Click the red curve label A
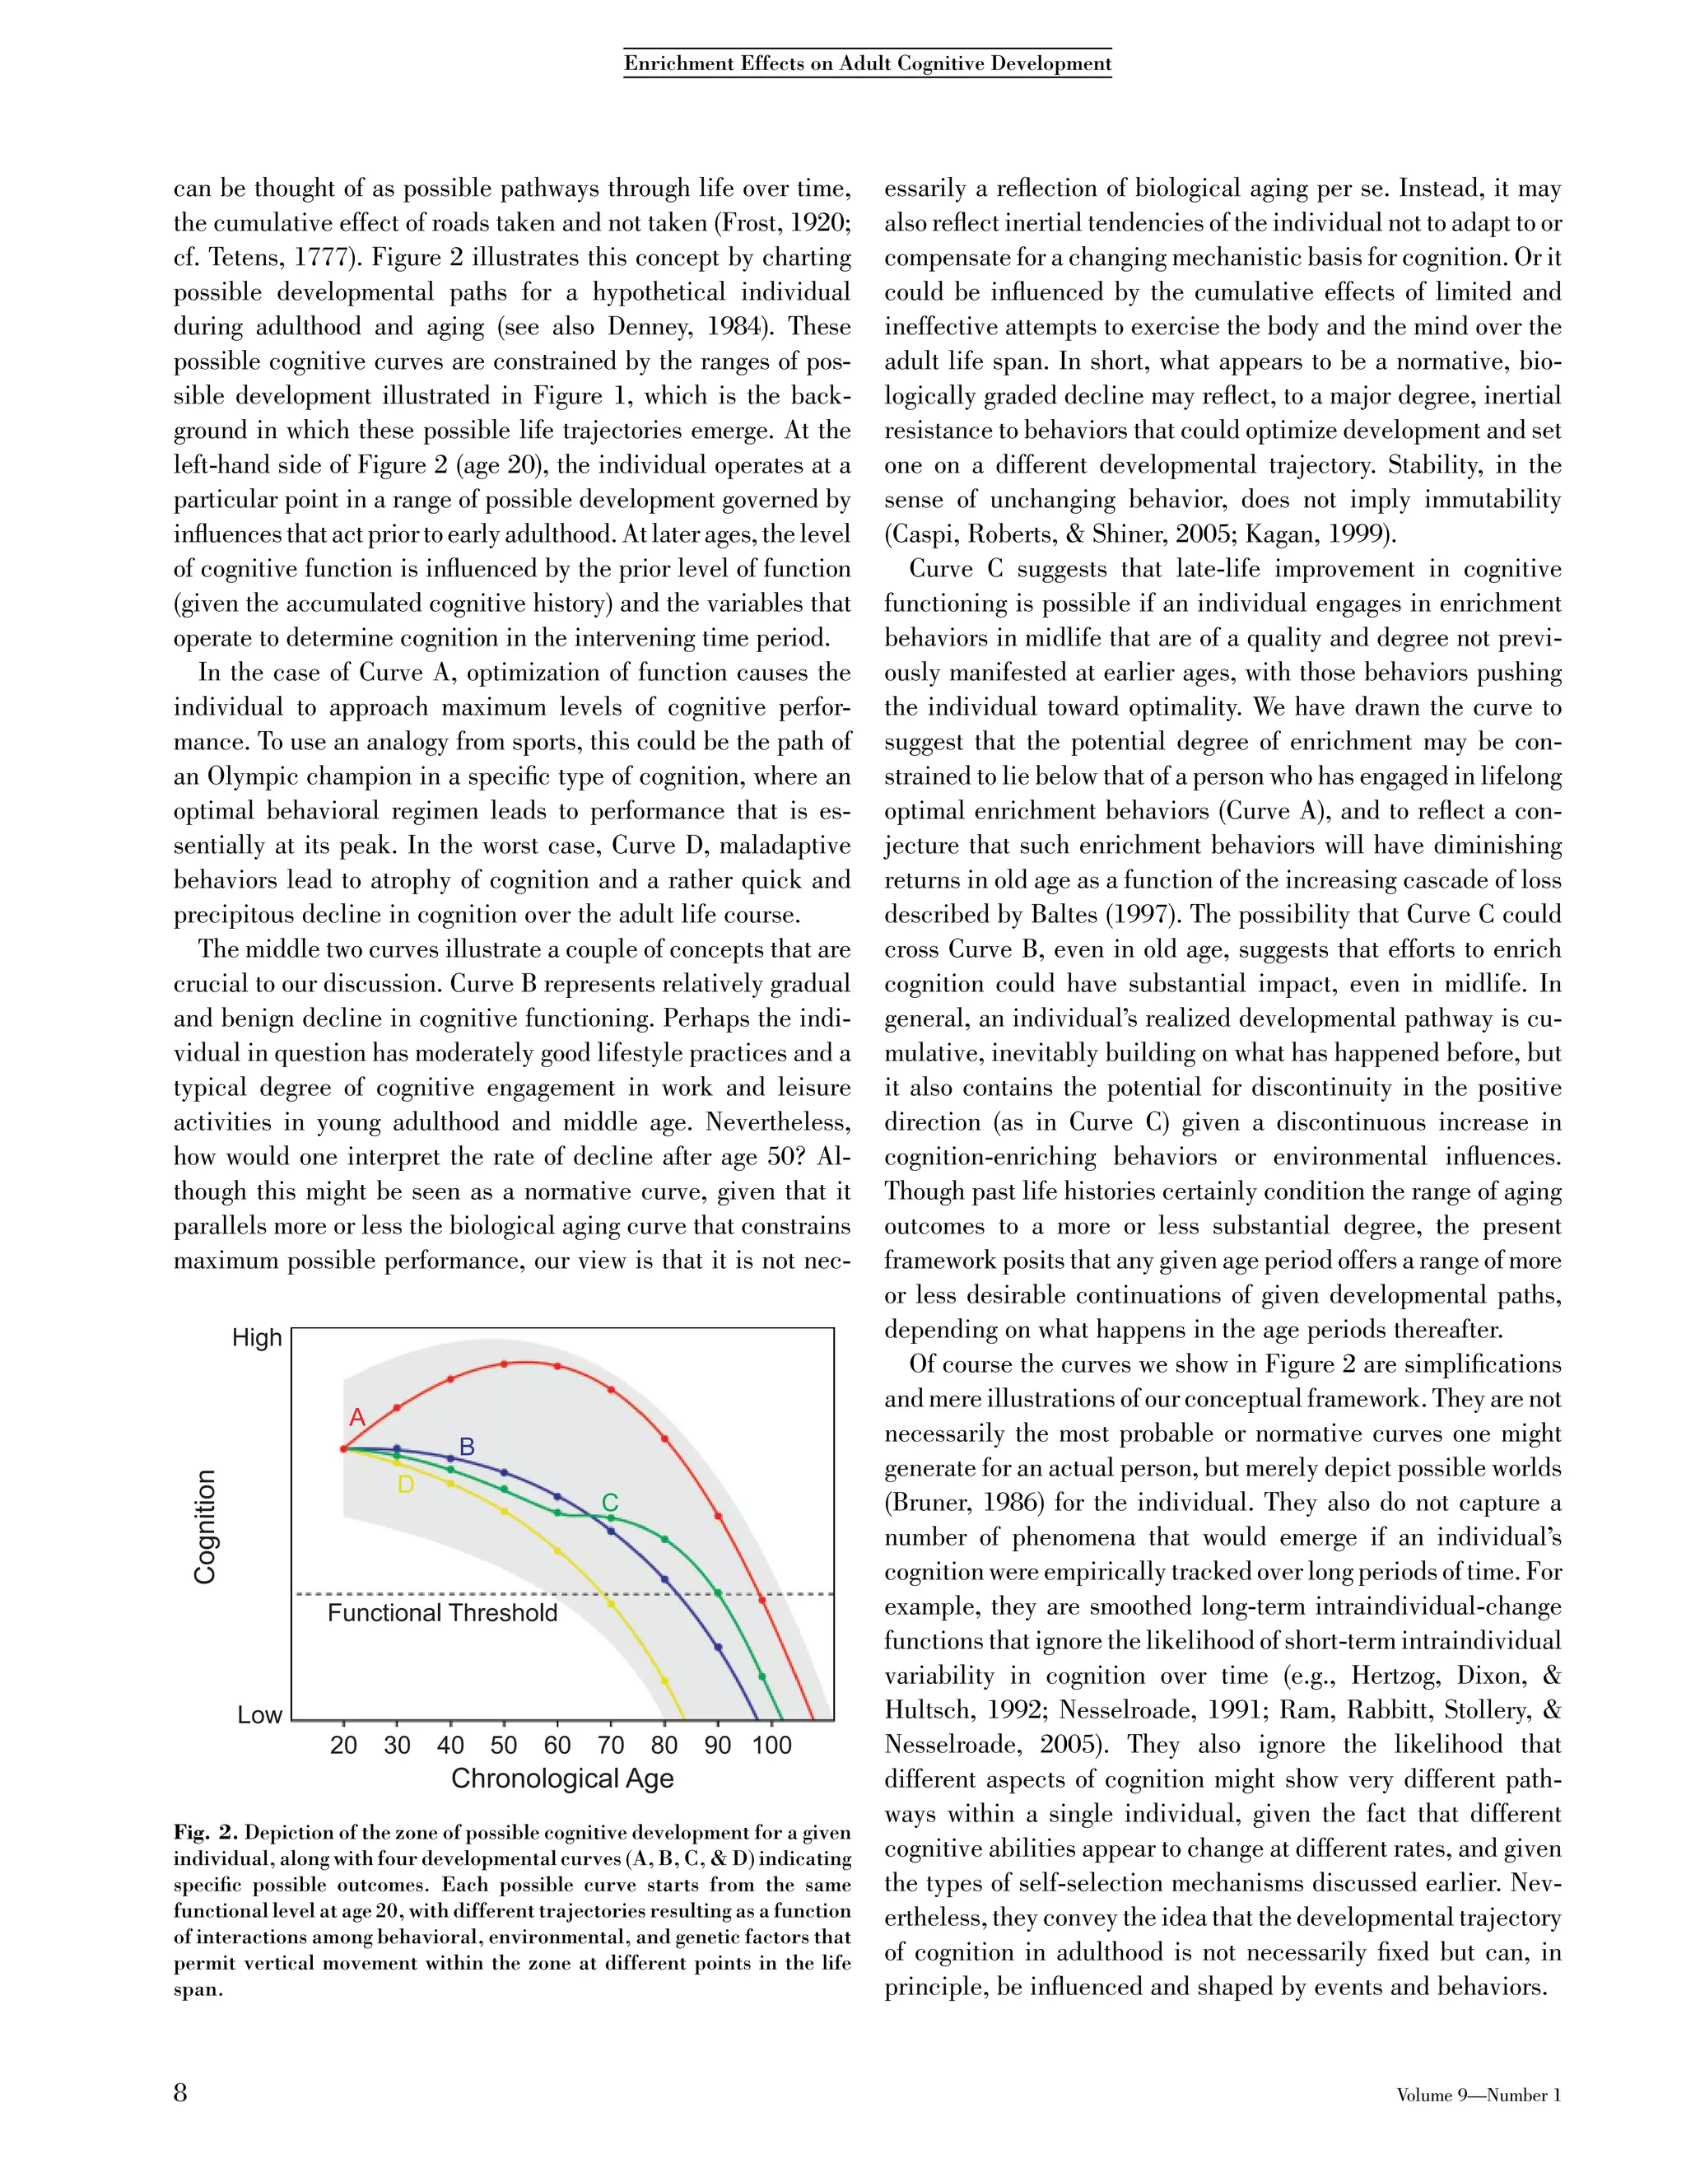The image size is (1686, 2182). click(356, 1417)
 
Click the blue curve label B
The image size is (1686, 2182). click(467, 1446)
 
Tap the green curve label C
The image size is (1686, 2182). click(609, 1503)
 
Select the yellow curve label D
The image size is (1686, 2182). click(406, 1485)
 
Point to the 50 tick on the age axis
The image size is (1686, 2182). click(503, 1746)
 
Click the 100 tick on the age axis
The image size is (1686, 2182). click(771, 1746)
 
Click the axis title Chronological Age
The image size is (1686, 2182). click(562, 1779)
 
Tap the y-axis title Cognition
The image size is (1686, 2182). click(205, 1527)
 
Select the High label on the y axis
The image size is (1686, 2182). click(257, 1338)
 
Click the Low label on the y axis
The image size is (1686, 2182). click(259, 1715)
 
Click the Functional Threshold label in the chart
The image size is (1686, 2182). click(441, 1612)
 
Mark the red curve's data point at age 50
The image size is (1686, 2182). click(503, 1364)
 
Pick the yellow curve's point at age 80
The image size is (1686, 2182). click(665, 1681)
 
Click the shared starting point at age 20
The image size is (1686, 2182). click(343, 1448)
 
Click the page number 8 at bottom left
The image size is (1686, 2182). click(181, 2093)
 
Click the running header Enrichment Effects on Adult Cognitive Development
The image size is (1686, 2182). click(867, 64)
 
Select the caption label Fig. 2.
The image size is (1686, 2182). click(206, 1832)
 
